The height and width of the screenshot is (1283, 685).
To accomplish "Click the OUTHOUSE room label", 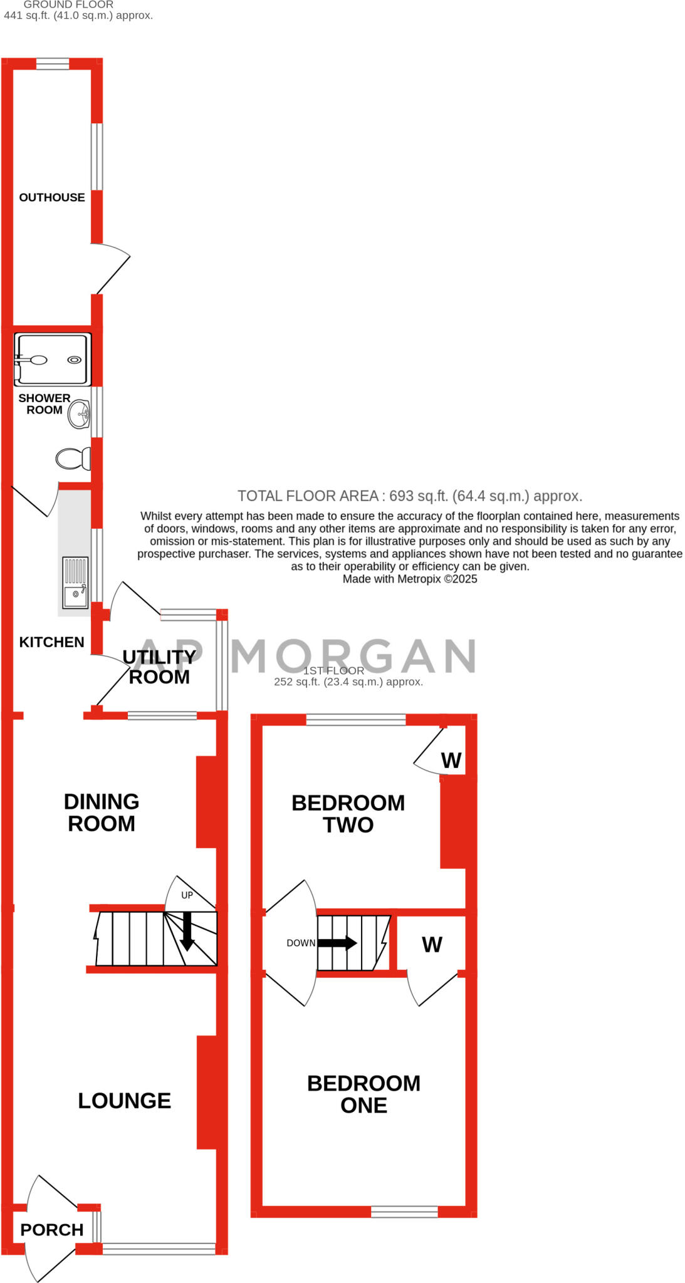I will click(51, 197).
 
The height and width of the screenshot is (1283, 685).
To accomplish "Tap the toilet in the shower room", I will click(73, 459).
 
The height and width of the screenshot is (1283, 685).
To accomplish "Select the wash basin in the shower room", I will click(80, 414).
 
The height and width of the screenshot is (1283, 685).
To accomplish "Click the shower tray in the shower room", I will click(53, 360).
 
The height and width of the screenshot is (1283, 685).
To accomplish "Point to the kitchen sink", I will click(75, 583).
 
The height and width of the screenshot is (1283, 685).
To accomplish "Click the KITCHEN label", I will click(51, 642).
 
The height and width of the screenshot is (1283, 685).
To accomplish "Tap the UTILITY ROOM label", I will click(159, 667).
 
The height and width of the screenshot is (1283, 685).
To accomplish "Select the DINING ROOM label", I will click(102, 813).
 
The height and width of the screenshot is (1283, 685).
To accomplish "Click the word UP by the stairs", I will click(187, 895).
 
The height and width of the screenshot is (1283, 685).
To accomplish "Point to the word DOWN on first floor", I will click(301, 943).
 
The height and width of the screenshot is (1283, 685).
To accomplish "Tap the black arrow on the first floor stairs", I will click(338, 943).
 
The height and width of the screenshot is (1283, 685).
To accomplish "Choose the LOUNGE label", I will click(124, 1100).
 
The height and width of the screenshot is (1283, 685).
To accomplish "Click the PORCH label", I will click(51, 1229).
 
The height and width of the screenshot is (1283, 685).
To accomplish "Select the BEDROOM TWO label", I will click(348, 814).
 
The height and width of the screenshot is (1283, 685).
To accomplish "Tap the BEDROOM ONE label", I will click(363, 1094).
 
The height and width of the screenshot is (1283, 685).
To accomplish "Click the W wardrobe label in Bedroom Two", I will click(451, 761).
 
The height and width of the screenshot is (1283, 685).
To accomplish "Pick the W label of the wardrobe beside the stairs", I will click(432, 944).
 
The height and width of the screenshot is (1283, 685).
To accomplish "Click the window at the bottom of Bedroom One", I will click(404, 1212).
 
